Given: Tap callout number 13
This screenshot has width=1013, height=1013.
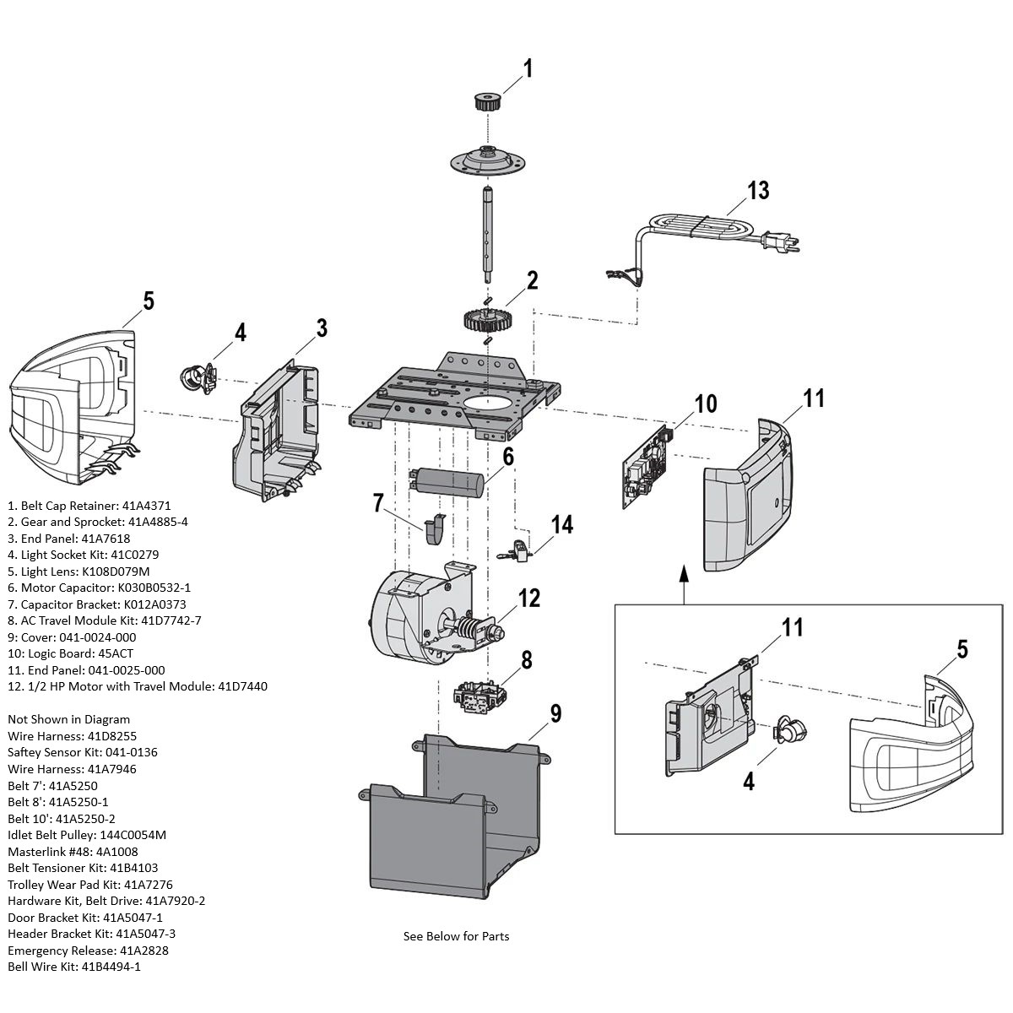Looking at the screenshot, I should tap(758, 191).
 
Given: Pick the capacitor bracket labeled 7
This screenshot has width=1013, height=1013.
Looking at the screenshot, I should tap(434, 529).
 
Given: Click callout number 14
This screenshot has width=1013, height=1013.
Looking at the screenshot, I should tap(561, 525).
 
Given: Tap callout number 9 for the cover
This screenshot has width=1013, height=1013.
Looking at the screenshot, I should tap(555, 714).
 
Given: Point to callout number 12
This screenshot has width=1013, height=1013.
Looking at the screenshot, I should tap(528, 598).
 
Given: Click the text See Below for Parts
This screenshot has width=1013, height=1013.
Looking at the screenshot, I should tap(456, 936).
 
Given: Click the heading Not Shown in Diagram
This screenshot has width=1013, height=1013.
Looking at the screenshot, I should tap(69, 719).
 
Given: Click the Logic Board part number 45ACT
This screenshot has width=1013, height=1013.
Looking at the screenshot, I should tap(116, 653).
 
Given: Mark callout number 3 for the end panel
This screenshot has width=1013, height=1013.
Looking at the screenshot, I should tap(321, 328).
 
